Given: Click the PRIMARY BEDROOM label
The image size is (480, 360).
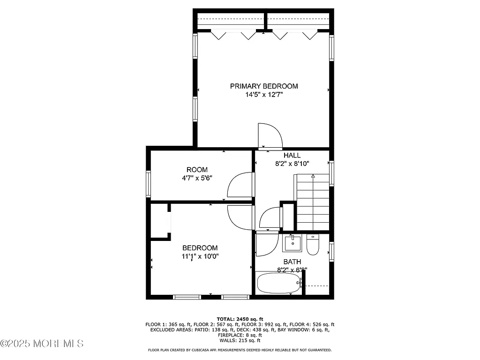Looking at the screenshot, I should (x=263, y=86).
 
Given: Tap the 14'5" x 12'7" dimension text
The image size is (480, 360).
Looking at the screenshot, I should (x=263, y=95).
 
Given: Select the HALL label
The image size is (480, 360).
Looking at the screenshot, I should (x=292, y=156).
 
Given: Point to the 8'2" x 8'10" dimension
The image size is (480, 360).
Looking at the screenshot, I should (x=292, y=164).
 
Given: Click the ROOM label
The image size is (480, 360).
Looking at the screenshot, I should (x=197, y=170).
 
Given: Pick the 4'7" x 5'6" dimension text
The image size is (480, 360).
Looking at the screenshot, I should (x=197, y=178).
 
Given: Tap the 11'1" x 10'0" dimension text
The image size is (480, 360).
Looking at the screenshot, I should (x=200, y=256).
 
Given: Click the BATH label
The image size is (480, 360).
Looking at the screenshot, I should (x=292, y=262).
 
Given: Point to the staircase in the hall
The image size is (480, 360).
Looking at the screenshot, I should (x=313, y=202).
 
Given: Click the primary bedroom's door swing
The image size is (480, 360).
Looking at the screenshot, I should (x=270, y=136).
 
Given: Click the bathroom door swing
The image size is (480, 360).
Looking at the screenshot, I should (x=266, y=244).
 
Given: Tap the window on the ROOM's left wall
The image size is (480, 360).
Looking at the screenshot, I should (x=149, y=184).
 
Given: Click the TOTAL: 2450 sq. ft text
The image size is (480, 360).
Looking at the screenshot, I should (x=240, y=319).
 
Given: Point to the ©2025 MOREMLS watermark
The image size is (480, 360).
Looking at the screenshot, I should (x=42, y=344).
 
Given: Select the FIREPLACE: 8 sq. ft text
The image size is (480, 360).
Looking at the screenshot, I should (x=240, y=335).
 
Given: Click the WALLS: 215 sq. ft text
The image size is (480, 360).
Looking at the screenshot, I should (x=240, y=341).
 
